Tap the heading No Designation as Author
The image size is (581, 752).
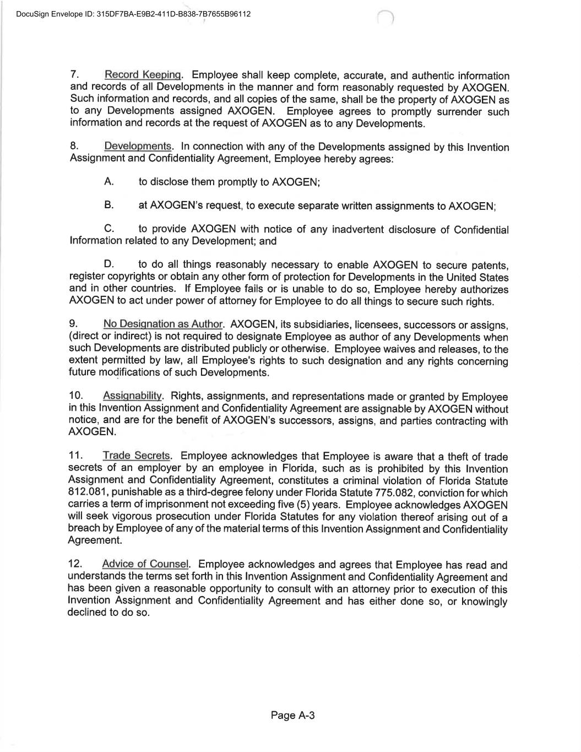(162, 324)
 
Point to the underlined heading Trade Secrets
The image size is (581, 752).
(137, 456)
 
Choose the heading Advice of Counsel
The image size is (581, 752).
(145, 565)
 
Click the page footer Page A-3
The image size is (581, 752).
(292, 716)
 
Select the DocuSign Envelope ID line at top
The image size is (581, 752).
(133, 14)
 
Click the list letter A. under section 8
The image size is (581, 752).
(108, 182)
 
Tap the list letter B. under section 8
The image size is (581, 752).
(108, 205)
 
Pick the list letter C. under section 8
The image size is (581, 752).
(108, 229)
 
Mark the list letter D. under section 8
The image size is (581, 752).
(108, 265)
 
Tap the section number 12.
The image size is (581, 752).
(75, 565)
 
